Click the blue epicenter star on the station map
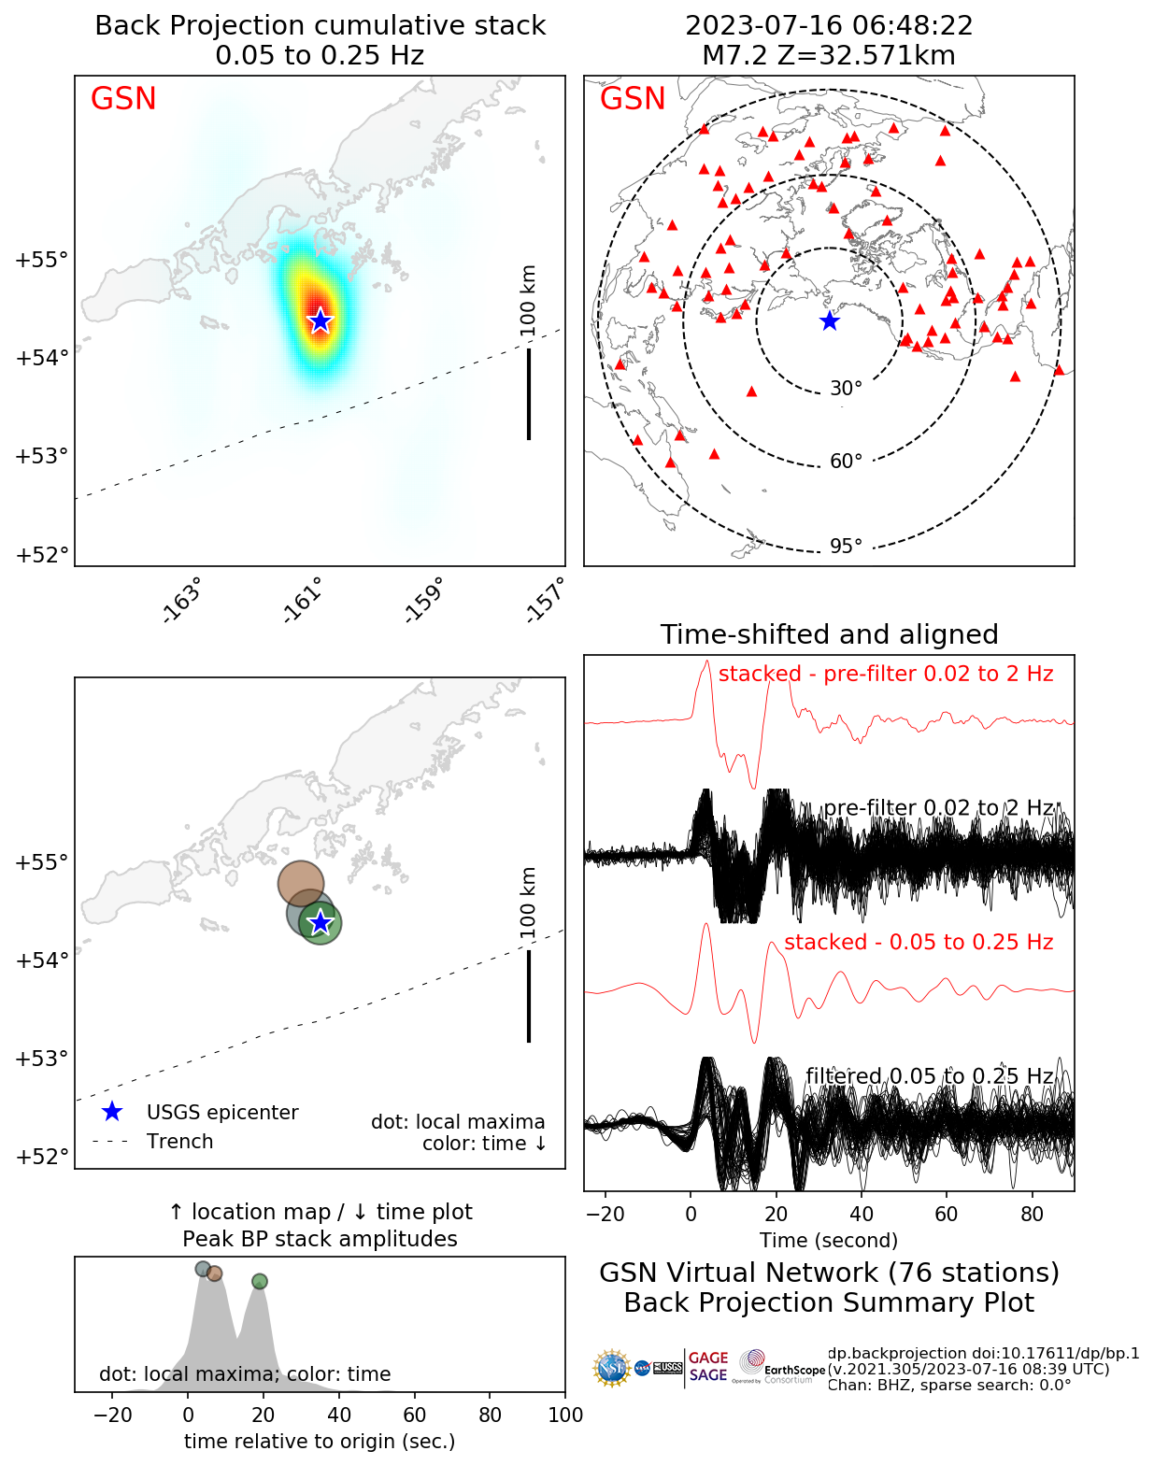pyautogui.click(x=829, y=320)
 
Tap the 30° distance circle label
pyautogui.click(x=846, y=389)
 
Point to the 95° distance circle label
pyautogui.click(x=846, y=546)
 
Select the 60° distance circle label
pyautogui.click(x=846, y=462)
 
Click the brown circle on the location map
pyautogui.click(x=301, y=883)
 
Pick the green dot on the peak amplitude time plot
pyautogui.click(x=260, y=1281)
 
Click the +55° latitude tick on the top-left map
pyautogui.click(x=42, y=260)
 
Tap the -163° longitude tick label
pyautogui.click(x=181, y=601)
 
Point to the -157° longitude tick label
pyautogui.click(x=546, y=601)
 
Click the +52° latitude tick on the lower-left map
pyautogui.click(x=42, y=1157)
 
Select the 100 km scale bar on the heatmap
pyautogui.click(x=529, y=392)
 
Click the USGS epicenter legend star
pyautogui.click(x=112, y=1112)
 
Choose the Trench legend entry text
pyautogui.click(x=179, y=1142)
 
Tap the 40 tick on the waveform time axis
pyautogui.click(x=862, y=1214)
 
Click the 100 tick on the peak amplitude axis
pyautogui.click(x=565, y=1415)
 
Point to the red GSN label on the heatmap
pyautogui.click(x=123, y=99)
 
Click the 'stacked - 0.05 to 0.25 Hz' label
pyautogui.click(x=919, y=942)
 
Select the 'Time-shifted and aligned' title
pyautogui.click(x=829, y=634)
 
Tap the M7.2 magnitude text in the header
pyautogui.click(x=734, y=56)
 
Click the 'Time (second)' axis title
pyautogui.click(x=829, y=1240)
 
